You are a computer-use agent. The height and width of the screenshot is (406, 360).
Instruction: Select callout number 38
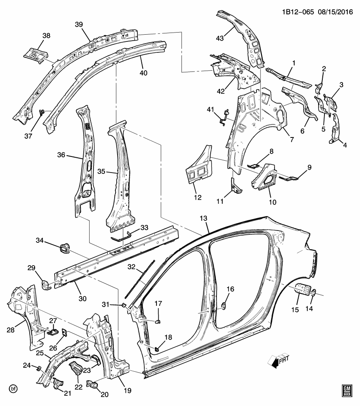46,36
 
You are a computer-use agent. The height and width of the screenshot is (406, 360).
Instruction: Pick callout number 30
82,298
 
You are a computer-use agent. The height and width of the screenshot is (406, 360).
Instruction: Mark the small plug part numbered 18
156,348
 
